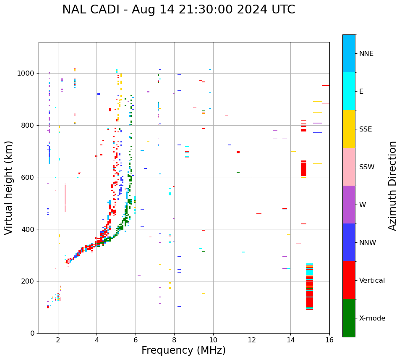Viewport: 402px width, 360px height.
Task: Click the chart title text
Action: tap(179, 10)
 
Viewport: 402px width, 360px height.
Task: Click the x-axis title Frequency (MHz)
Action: tap(183, 350)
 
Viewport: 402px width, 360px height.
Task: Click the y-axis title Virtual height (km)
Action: tap(9, 188)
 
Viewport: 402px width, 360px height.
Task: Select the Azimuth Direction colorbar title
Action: tap(392, 185)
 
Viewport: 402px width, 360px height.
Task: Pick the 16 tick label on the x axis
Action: tap(329, 340)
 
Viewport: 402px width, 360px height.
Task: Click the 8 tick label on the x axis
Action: tap(174, 340)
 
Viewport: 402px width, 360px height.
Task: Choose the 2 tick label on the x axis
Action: tap(58, 340)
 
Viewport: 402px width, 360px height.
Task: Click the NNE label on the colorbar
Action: tap(366, 54)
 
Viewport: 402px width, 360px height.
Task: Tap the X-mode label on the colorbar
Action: tap(372, 318)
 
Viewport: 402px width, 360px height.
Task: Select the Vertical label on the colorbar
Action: tap(372, 281)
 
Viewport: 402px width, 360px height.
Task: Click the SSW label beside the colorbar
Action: tap(367, 167)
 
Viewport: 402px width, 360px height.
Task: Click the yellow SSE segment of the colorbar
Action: tap(349, 129)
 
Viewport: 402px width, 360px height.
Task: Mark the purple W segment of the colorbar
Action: tap(349, 205)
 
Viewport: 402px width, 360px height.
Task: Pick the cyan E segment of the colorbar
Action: tap(349, 91)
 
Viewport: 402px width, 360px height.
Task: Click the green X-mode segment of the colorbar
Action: tap(349, 318)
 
